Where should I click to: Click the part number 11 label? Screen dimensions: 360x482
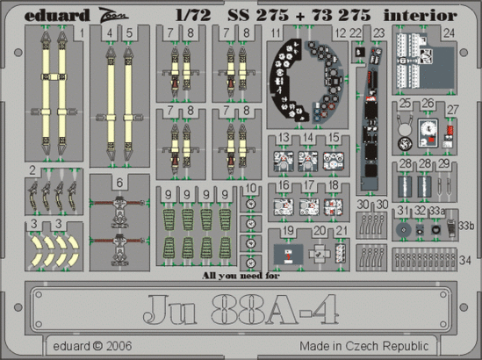276,34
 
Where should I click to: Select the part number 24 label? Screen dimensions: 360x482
449,35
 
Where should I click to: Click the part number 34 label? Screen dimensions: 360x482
464,260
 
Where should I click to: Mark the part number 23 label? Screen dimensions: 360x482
378,35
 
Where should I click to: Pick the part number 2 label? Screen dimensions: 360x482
32,169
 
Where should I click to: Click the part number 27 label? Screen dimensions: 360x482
453,109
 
